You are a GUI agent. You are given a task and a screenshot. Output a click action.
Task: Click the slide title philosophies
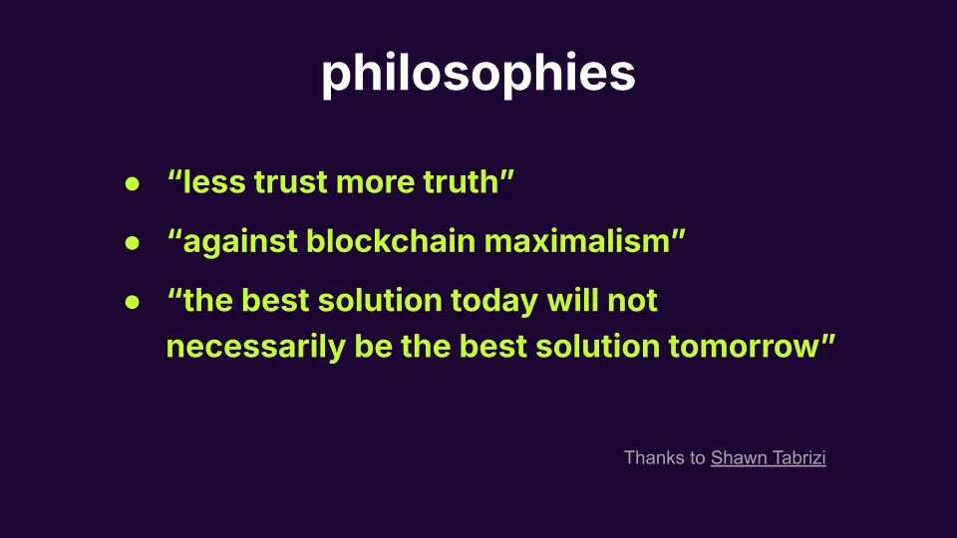(478, 74)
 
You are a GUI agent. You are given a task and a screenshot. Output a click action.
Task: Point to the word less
(214, 183)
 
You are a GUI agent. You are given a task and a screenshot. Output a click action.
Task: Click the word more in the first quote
(377, 183)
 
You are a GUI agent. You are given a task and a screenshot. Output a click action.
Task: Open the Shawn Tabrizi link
(768, 458)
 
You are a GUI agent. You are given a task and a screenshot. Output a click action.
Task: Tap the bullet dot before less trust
(131, 184)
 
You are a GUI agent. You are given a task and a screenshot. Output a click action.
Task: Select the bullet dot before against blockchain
(131, 243)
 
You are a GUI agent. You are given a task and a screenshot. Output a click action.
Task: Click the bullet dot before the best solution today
(131, 302)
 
